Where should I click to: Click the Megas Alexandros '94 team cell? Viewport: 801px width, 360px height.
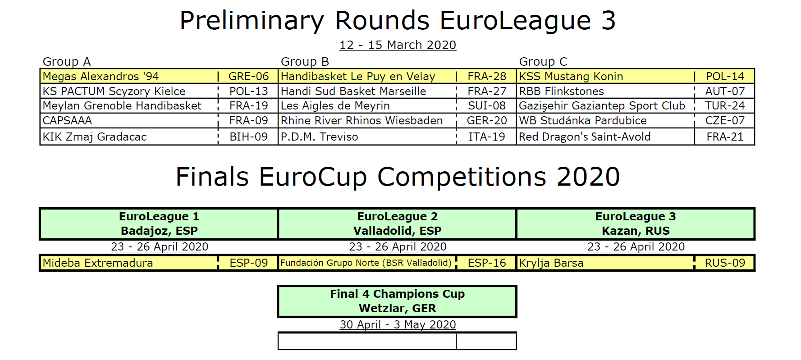coord(129,76)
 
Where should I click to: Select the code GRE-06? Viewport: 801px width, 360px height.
coord(248,76)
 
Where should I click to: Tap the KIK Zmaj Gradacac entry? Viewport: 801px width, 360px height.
coord(129,137)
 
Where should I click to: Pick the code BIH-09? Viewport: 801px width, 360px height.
coord(248,137)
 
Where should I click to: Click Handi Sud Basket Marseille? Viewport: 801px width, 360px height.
coord(353,91)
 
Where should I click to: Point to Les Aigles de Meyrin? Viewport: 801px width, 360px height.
coord(335,106)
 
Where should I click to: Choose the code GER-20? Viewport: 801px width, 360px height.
coord(487,121)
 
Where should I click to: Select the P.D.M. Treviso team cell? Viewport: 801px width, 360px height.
coord(367,137)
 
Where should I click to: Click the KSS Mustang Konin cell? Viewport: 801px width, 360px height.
coord(605,76)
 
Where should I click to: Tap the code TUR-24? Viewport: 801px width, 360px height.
coord(725,106)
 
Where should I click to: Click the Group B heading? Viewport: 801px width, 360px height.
coord(305,61)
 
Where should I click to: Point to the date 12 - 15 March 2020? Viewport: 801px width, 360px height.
coord(398,45)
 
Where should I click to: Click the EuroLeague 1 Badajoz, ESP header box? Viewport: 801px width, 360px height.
coord(159,223)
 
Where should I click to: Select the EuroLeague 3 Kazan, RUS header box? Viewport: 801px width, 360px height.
coord(636,223)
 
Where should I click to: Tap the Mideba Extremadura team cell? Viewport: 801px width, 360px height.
coord(129,263)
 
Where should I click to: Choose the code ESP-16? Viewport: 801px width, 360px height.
coord(487,263)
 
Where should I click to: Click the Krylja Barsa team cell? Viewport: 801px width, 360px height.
coord(605,263)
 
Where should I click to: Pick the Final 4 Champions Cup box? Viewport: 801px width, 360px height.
coord(397,301)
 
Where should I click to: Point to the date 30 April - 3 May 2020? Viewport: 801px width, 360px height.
coord(398,324)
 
